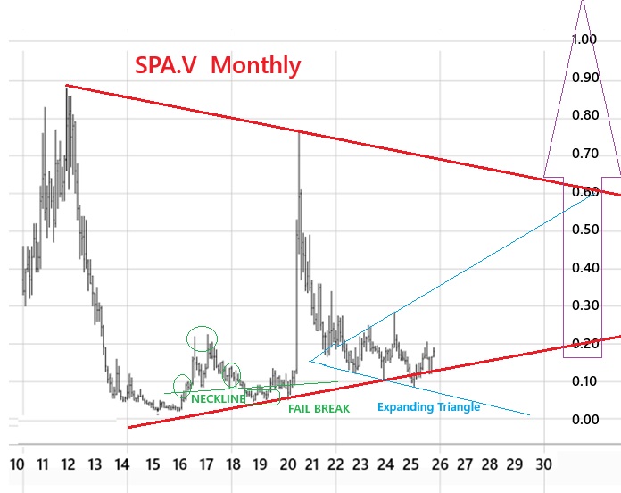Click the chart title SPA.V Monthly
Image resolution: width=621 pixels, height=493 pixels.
218,65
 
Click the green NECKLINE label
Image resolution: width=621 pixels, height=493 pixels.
218,398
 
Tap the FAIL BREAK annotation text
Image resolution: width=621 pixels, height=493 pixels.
319,408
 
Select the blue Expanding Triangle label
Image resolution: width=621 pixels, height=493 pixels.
428,407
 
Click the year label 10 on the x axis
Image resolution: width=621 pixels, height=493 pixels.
16,464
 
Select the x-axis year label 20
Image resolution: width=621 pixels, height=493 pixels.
288,464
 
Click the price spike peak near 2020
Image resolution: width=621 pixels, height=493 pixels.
298,132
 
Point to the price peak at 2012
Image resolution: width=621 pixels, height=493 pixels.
67,87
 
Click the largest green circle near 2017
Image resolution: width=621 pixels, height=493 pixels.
202,338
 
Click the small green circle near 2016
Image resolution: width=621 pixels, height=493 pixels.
183,385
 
